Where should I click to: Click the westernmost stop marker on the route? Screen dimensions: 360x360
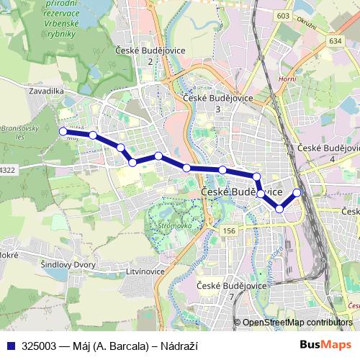pyautogui.click(x=63, y=132)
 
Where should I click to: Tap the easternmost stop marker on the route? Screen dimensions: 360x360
pyautogui.click(x=297, y=192)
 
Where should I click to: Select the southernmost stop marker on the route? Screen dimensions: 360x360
pyautogui.click(x=279, y=209)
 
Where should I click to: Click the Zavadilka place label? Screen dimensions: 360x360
pyautogui.click(x=48, y=92)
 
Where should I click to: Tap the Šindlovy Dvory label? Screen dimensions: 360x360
pyautogui.click(x=68, y=265)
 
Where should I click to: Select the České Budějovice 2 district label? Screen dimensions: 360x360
pyautogui.click(x=150, y=55)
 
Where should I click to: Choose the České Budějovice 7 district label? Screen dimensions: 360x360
pyautogui.click(x=231, y=291)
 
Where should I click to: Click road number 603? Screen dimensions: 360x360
pyautogui.click(x=282, y=16)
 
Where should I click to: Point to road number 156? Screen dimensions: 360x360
pyautogui.click(x=230, y=230)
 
